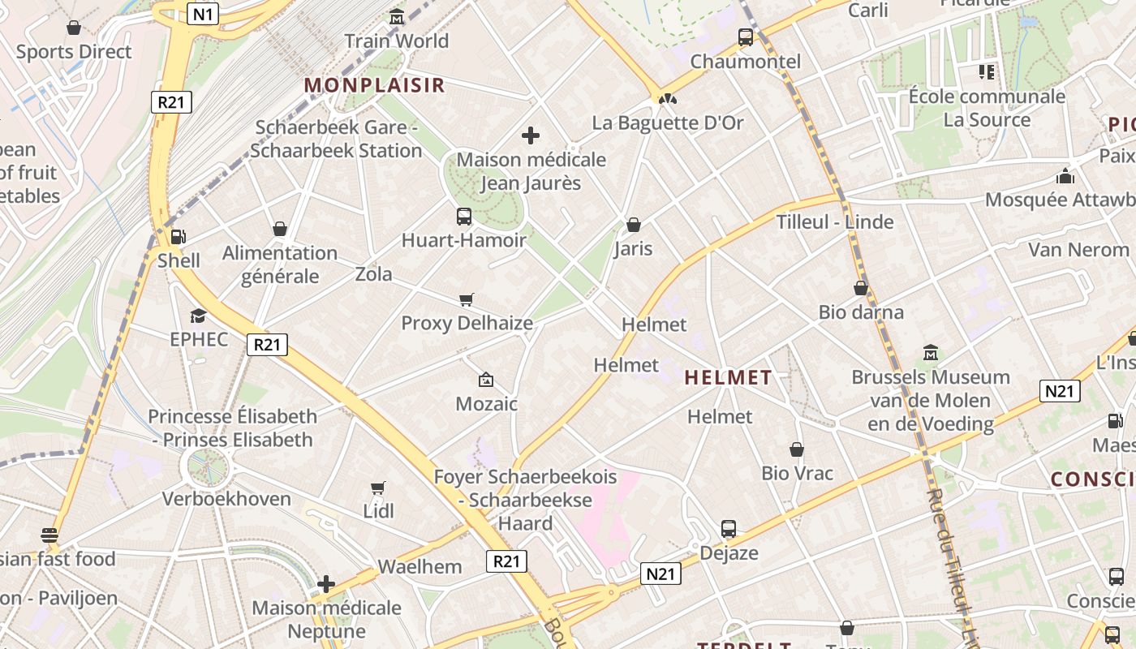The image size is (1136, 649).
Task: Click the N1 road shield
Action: point(203,14)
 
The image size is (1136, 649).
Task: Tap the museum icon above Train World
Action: point(397,16)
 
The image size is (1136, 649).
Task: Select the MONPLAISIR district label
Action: point(374,85)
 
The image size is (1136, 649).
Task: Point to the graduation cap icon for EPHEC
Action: point(199,316)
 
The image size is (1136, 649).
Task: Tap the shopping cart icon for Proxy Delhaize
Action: point(467,300)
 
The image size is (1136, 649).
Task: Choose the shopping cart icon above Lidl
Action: point(378,488)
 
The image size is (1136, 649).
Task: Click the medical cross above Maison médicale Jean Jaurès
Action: point(531,135)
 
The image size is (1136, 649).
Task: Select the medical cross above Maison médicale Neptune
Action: point(326,584)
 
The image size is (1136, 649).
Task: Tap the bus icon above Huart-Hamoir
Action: point(464,217)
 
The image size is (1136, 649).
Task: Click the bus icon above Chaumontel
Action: point(745,37)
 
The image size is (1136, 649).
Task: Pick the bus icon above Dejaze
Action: point(729,529)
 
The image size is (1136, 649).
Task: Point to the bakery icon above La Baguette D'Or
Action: point(668,99)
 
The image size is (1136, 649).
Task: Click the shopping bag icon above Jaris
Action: point(634,225)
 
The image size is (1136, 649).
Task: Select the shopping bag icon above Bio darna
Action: point(861,288)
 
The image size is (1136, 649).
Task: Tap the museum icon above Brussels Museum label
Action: point(931,353)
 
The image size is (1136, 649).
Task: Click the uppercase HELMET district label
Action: point(728,377)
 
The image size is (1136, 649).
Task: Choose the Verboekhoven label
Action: point(226,498)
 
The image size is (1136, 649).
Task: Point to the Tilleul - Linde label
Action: point(835,222)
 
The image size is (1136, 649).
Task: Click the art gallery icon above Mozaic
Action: point(486,379)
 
